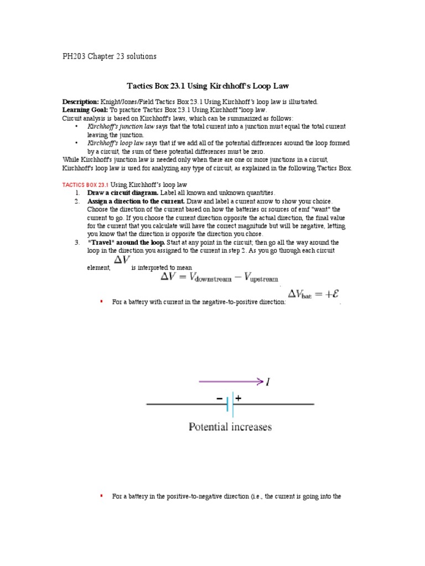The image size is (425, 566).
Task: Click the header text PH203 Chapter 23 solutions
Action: [109, 56]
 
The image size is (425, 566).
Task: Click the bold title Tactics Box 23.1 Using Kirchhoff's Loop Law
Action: [208, 86]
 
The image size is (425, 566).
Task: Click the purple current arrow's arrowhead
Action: [259, 380]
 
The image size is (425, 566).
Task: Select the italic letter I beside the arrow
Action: [268, 381]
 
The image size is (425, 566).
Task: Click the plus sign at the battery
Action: [239, 397]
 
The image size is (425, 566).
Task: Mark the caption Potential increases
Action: [230, 427]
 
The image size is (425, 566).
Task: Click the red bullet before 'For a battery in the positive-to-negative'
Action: [101, 496]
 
